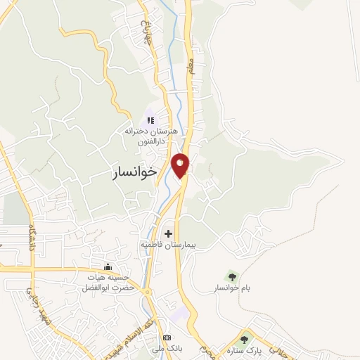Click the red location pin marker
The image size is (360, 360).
tap(181, 165)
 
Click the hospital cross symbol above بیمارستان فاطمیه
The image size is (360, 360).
tap(168, 233)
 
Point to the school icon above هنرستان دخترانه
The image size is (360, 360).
tap(150, 120)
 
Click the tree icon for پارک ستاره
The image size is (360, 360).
tap(244, 340)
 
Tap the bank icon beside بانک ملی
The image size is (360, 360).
tap(166, 337)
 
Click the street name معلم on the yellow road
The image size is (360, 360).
tap(190, 68)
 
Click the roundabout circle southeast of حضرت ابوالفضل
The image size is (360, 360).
tap(148, 291)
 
